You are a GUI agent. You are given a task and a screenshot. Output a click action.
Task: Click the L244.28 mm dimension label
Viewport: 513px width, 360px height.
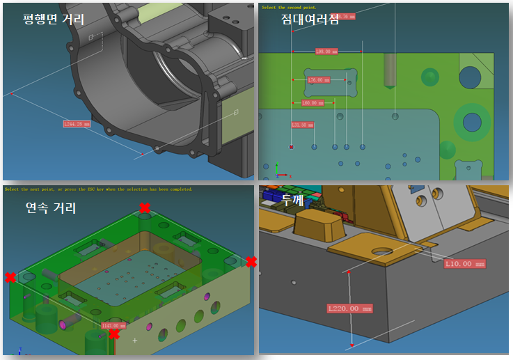[77, 124]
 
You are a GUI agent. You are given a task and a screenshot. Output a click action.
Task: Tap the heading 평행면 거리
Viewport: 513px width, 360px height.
[54, 19]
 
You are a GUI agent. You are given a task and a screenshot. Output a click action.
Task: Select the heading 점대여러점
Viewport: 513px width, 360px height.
[310, 19]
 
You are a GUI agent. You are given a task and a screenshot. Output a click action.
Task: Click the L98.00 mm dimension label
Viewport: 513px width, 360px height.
[326, 51]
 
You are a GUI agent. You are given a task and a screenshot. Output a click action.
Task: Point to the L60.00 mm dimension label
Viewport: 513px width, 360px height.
[313, 103]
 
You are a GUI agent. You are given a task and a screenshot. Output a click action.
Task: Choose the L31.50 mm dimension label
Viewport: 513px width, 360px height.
[303, 125]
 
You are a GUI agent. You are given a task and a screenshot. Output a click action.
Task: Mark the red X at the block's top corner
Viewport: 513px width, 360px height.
[145, 208]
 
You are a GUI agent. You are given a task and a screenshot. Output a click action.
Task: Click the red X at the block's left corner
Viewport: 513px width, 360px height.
[10, 278]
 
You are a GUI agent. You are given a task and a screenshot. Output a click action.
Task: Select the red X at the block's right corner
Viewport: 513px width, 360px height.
[251, 262]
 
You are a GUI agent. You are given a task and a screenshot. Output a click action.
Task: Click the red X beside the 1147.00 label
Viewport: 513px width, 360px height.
[113, 334]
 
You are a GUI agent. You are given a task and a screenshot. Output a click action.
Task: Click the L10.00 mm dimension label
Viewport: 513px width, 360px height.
[464, 264]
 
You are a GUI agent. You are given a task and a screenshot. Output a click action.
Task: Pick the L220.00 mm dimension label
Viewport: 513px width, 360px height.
[350, 308]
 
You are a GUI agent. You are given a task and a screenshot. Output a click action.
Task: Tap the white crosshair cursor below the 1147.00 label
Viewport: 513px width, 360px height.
[134, 341]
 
